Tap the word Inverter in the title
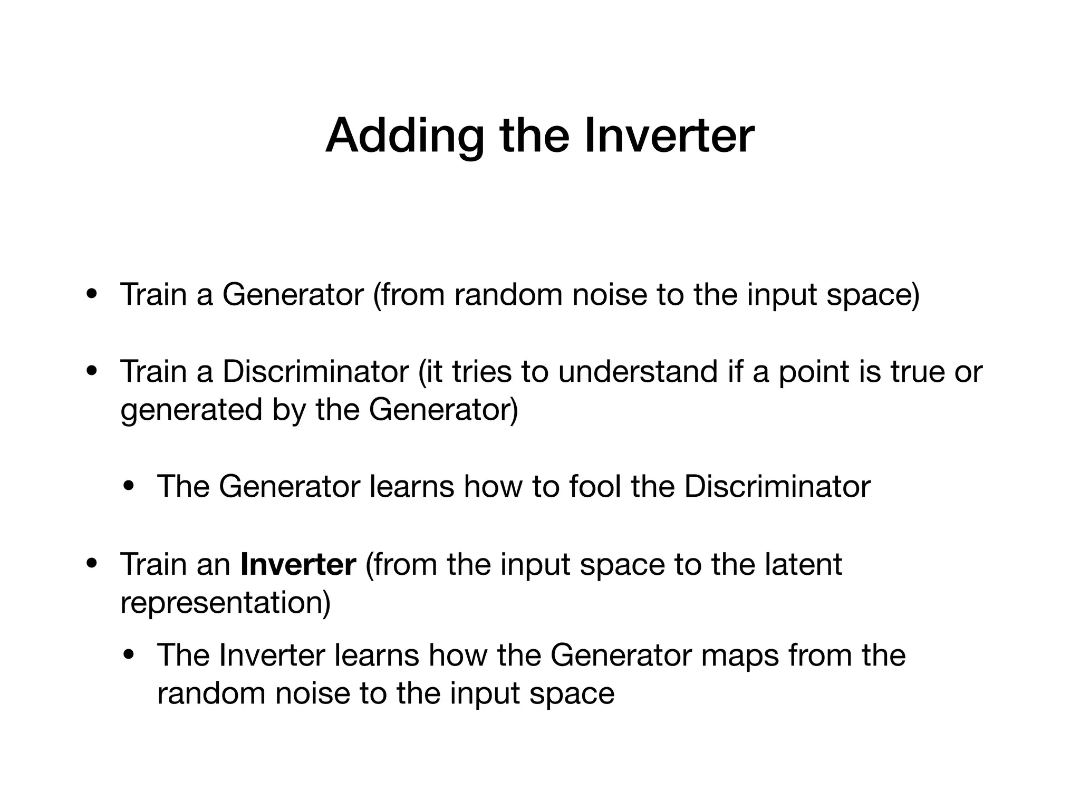pos(669,136)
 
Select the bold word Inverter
pos(298,564)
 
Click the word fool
pos(595,486)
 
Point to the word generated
pos(191,410)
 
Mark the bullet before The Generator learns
pos(129,486)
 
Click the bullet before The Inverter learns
pos(129,655)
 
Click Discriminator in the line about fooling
pos(777,486)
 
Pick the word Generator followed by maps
pos(621,655)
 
